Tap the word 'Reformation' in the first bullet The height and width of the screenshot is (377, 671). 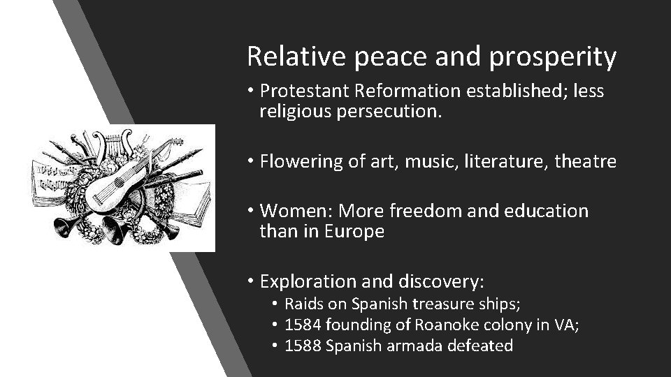(400, 91)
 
